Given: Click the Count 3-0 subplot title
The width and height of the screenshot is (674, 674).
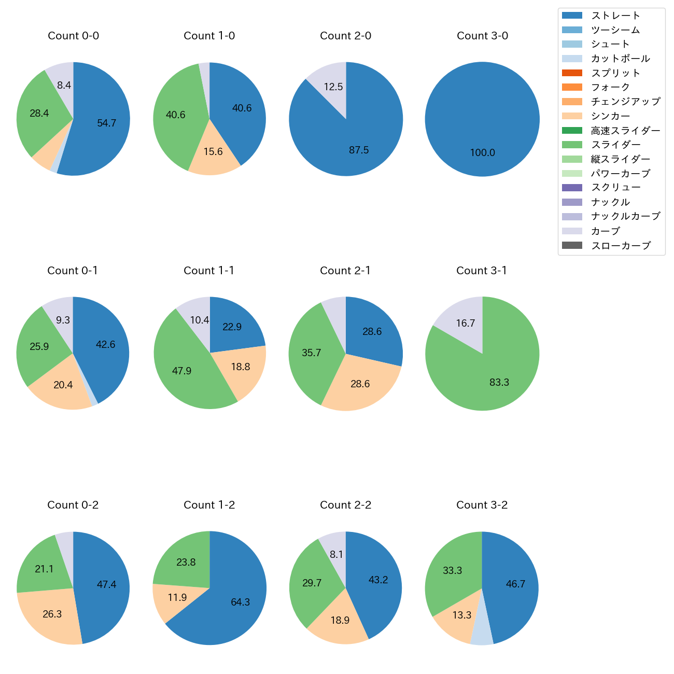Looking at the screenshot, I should (x=482, y=36).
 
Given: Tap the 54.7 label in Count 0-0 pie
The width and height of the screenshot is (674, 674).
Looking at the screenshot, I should (x=106, y=123).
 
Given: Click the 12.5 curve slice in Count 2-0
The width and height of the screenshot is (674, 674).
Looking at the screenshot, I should (x=332, y=88).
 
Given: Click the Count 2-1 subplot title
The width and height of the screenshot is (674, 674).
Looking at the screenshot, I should (x=345, y=271).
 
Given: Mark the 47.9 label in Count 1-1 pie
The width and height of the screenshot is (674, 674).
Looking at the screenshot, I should (x=181, y=371).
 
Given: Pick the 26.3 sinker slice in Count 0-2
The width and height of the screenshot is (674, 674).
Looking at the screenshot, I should (x=52, y=614).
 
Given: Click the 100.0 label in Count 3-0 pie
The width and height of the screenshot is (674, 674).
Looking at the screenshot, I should (x=483, y=152).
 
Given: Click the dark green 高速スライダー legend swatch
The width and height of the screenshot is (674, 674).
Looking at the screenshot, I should (x=572, y=130).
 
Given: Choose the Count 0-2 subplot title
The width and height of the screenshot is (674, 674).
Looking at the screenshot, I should (x=73, y=505).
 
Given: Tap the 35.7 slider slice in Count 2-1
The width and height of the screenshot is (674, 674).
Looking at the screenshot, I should (x=311, y=353).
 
